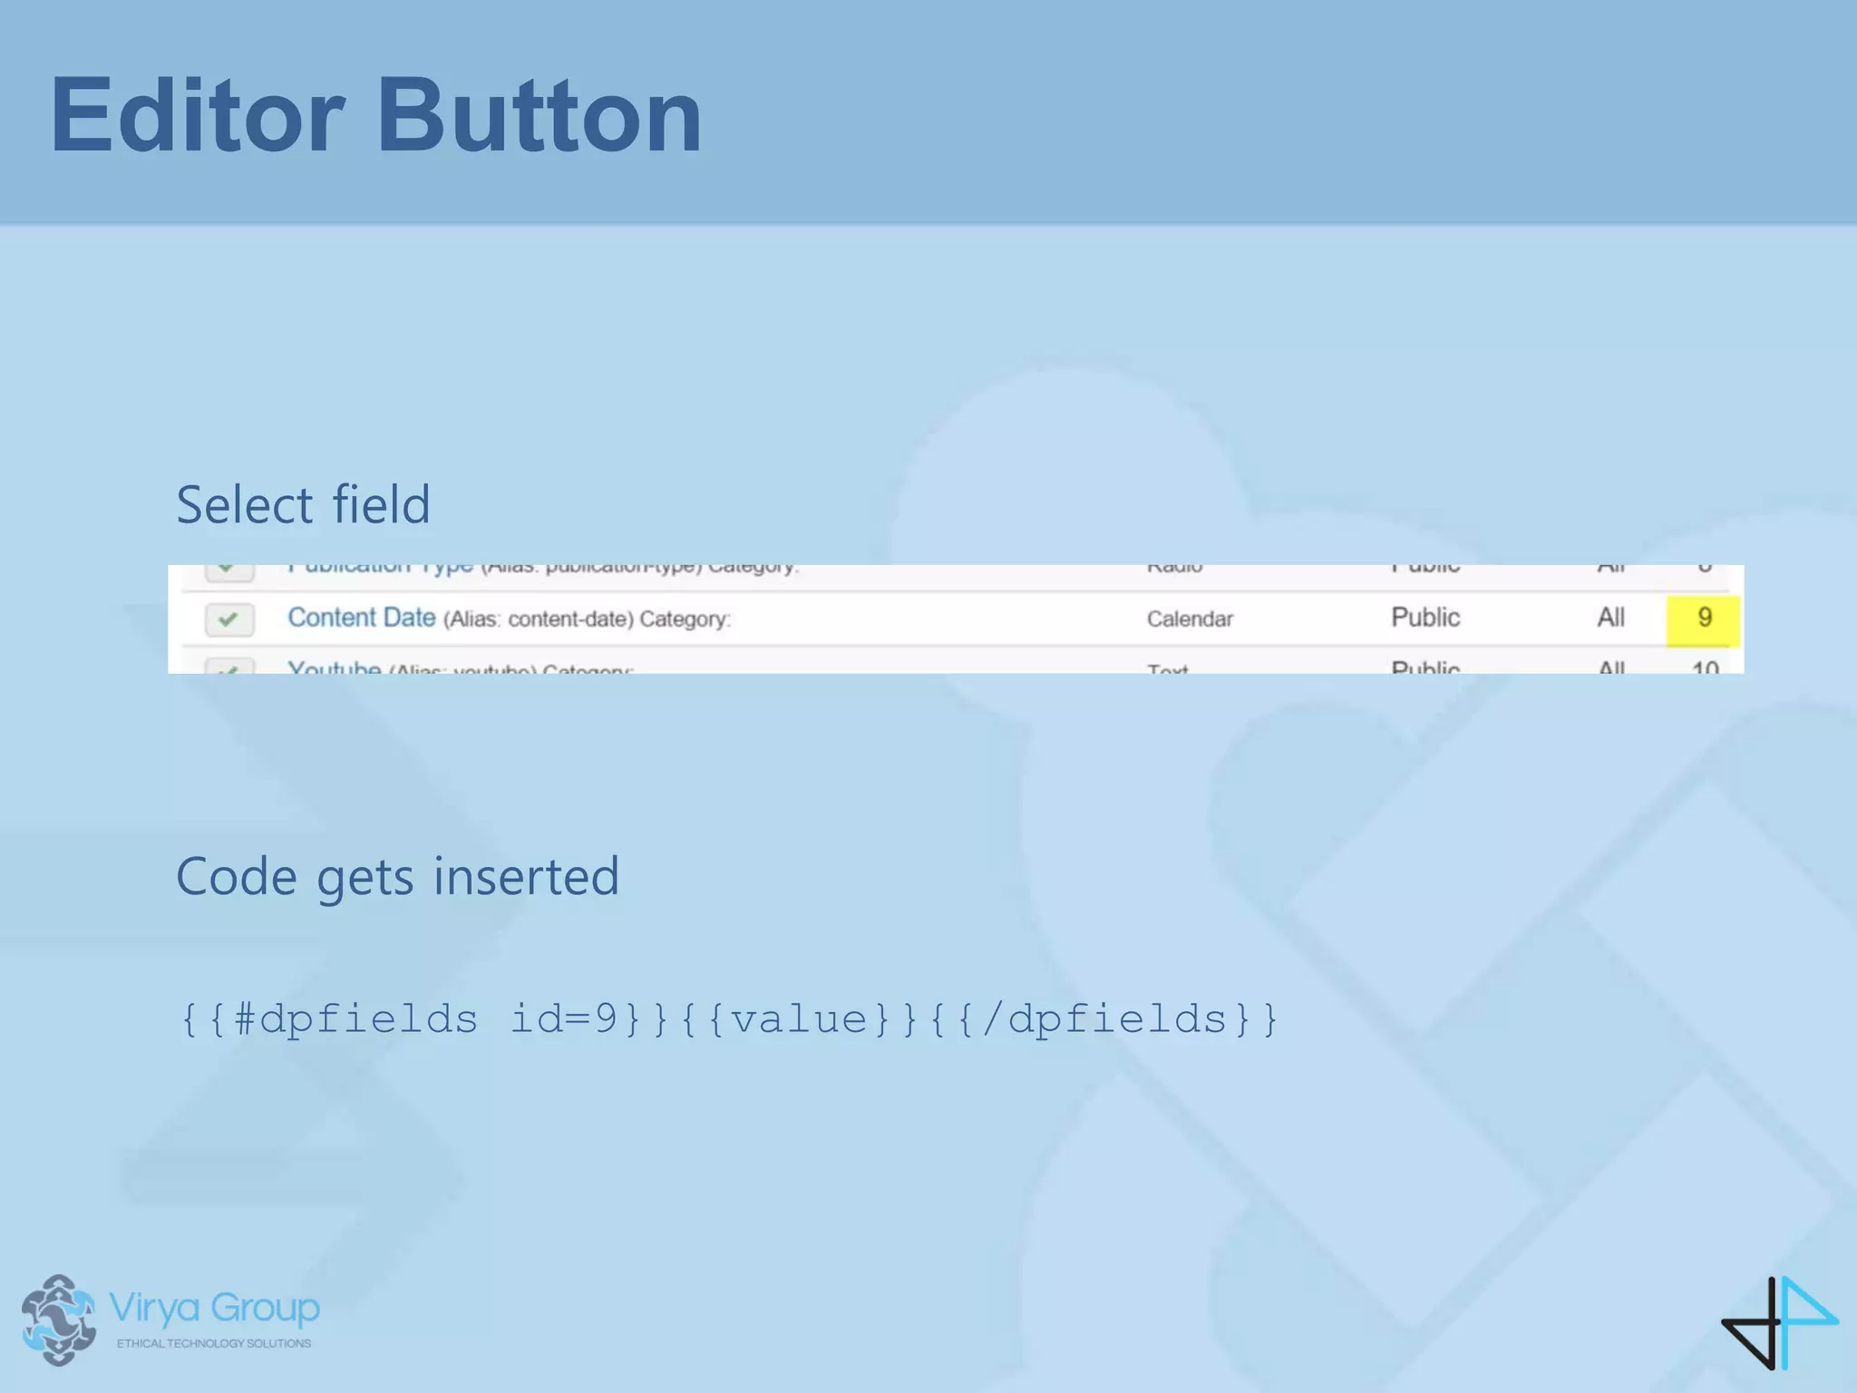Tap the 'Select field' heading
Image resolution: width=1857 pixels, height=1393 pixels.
pyautogui.click(x=303, y=504)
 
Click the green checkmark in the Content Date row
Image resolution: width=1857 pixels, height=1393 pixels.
pyautogui.click(x=228, y=619)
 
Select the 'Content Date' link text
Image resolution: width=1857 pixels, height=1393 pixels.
pyautogui.click(x=361, y=618)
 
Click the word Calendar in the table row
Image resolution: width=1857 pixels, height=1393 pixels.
pyautogui.click(x=1190, y=619)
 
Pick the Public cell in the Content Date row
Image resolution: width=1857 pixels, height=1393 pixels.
pyautogui.click(x=1425, y=618)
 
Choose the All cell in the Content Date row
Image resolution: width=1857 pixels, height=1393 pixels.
pyautogui.click(x=1610, y=618)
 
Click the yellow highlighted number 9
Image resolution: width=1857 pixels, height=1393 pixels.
pyautogui.click(x=1704, y=618)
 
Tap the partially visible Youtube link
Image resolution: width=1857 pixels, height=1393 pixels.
pyautogui.click(x=334, y=667)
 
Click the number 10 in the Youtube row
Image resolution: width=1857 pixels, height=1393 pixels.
pyautogui.click(x=1705, y=668)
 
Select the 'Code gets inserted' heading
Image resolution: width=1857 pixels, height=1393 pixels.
pyautogui.click(x=397, y=876)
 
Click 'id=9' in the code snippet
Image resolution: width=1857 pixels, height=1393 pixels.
pyautogui.click(x=563, y=1018)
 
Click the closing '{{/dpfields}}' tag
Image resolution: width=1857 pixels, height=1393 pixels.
pyautogui.click(x=1104, y=1018)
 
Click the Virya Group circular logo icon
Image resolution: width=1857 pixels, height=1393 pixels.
pyautogui.click(x=59, y=1320)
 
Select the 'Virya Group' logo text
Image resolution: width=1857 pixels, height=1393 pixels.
pyautogui.click(x=214, y=1308)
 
